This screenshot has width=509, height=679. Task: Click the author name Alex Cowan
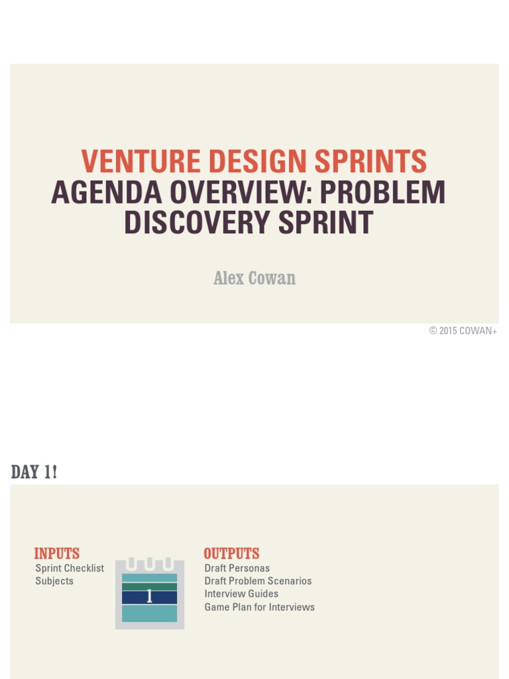coord(254,278)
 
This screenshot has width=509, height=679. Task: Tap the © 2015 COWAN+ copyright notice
coord(463,331)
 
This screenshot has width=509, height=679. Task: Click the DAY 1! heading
coord(34,472)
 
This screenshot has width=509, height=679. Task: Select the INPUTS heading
coord(57,554)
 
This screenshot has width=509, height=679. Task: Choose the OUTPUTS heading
coord(231,554)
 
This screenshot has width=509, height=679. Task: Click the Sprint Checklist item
coord(70,568)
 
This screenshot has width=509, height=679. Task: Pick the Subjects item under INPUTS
coord(54,581)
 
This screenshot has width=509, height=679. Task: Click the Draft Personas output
coord(237,568)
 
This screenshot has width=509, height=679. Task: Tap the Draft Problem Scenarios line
coord(258,581)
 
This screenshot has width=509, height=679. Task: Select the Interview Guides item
coord(241,593)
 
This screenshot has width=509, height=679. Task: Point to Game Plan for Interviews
coord(259,607)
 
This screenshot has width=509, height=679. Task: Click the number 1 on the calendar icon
coord(149,597)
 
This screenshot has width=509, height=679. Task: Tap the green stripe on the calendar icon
coord(149,586)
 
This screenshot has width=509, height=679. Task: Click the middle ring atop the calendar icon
coord(149,564)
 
